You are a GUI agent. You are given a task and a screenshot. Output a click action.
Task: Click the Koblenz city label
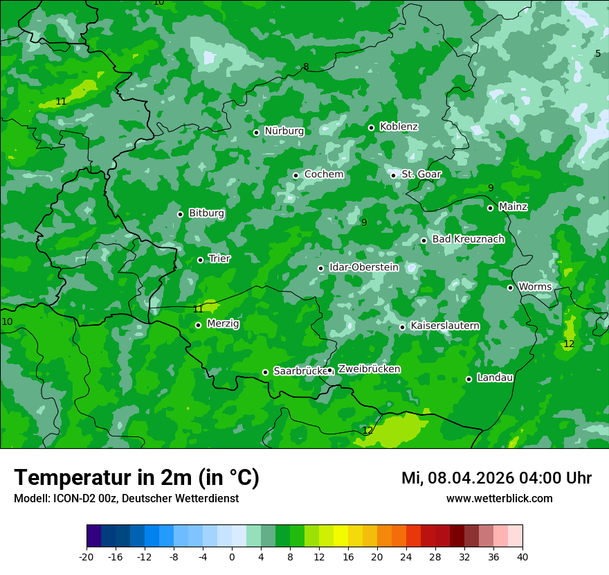tap(399, 127)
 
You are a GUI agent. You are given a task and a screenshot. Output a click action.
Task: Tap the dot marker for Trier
tap(201, 260)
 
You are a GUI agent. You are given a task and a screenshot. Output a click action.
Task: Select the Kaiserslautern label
tap(445, 326)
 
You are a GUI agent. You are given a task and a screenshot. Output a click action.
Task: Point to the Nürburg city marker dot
tap(256, 132)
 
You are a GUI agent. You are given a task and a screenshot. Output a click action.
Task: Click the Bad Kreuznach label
tap(468, 239)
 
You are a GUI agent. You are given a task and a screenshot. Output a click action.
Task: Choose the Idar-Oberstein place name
tap(363, 267)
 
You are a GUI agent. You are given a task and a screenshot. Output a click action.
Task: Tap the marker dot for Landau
tap(469, 379)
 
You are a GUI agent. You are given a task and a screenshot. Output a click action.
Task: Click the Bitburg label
tap(206, 213)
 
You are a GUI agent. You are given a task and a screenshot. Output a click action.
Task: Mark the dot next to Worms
tap(510, 287)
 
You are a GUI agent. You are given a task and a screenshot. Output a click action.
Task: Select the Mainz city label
tap(513, 206)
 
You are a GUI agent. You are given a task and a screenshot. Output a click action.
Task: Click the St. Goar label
tap(421, 175)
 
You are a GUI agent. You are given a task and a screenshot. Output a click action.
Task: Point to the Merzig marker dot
tap(198, 325)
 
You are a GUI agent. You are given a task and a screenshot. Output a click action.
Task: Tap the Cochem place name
tap(324, 175)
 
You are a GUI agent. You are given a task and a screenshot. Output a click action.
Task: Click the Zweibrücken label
tap(369, 369)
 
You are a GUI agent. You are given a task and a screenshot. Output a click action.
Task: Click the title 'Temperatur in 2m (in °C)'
tap(136, 477)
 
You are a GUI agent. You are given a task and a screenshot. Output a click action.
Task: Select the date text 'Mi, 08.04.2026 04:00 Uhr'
tap(496, 478)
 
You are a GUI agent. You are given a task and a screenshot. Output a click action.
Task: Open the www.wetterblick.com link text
tap(499, 499)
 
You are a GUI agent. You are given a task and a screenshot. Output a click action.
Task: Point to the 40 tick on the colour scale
tap(522, 557)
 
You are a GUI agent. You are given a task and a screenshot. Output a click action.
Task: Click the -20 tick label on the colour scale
tap(87, 557)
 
